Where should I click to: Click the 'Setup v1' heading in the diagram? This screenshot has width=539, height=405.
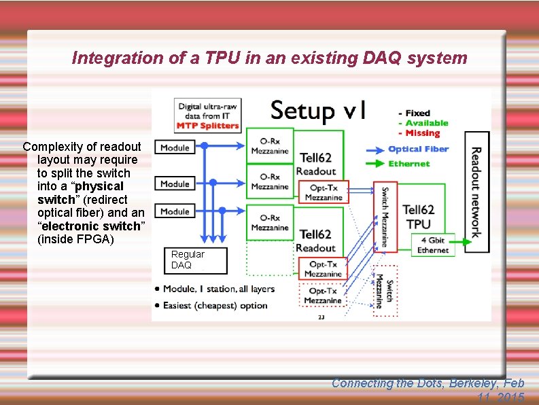point(319,110)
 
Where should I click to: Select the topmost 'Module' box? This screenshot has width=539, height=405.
point(175,147)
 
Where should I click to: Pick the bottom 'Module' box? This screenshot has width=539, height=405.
point(175,211)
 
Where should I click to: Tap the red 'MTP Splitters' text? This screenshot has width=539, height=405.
point(208,125)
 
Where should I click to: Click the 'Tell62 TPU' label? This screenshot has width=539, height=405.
point(418,217)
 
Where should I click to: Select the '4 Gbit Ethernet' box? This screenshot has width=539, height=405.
point(432,245)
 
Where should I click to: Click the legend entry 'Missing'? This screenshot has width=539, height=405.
point(422,133)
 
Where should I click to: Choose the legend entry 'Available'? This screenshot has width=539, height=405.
point(426,123)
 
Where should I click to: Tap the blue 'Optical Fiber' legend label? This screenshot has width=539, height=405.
point(418,149)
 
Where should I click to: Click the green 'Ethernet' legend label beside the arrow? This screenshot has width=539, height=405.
point(409,164)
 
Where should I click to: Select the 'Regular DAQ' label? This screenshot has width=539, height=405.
point(187,260)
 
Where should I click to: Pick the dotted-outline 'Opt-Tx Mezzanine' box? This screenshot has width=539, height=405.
point(323,296)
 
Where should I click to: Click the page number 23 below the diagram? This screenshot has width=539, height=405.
point(321,317)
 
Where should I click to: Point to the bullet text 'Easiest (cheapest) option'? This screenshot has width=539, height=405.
point(215,305)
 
